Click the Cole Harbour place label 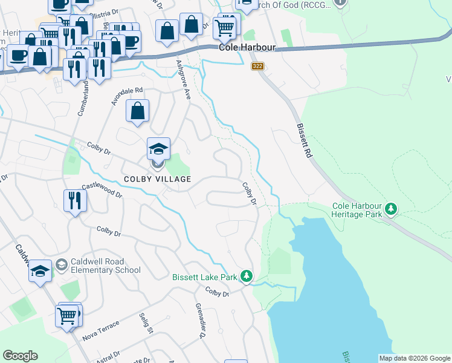pyautogui.click(x=247, y=47)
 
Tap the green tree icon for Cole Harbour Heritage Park pyautogui.click(x=392, y=209)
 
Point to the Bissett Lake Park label pyautogui.click(x=205, y=277)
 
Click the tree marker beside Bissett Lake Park pyautogui.click(x=246, y=276)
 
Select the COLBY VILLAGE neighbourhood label pyautogui.click(x=157, y=179)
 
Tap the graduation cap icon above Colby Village pyautogui.click(x=158, y=149)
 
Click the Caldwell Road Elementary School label pyautogui.click(x=106, y=266)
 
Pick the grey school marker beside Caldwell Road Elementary pyautogui.click(x=62, y=265)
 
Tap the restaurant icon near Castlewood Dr pyautogui.click(x=74, y=201)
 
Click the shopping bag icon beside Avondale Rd pyautogui.click(x=138, y=111)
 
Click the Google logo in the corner pyautogui.click(x=20, y=356)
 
